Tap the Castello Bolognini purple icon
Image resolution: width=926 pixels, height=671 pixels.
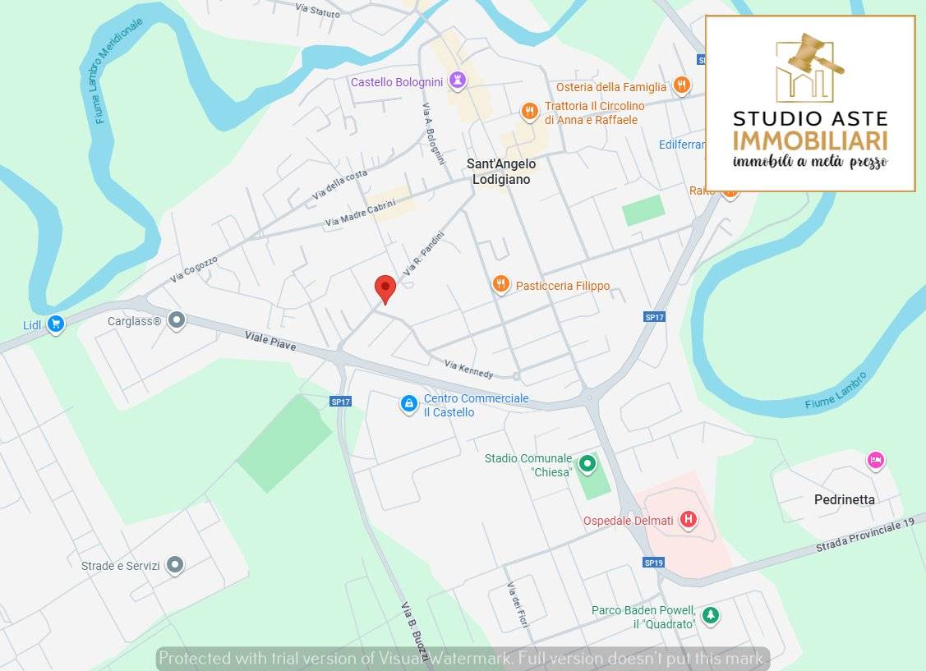458,80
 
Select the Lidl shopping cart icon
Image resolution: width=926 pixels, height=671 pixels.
55,324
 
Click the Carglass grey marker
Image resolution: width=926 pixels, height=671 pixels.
176,320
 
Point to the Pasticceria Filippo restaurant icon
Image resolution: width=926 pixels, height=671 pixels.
500,285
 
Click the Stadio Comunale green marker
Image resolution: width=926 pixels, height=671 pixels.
587,464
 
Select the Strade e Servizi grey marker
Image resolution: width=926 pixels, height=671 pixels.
174,564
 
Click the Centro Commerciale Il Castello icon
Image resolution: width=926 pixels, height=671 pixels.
408,404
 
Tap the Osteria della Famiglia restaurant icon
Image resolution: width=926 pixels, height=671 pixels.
680,85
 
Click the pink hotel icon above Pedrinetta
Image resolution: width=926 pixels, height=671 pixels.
875,460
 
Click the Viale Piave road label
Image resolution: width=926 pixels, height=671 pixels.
270,341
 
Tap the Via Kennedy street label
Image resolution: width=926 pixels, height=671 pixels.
468,369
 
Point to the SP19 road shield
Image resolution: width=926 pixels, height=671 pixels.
653,563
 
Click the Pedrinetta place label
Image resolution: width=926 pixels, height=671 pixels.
844,499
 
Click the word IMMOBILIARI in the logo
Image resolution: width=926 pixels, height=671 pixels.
810,140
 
